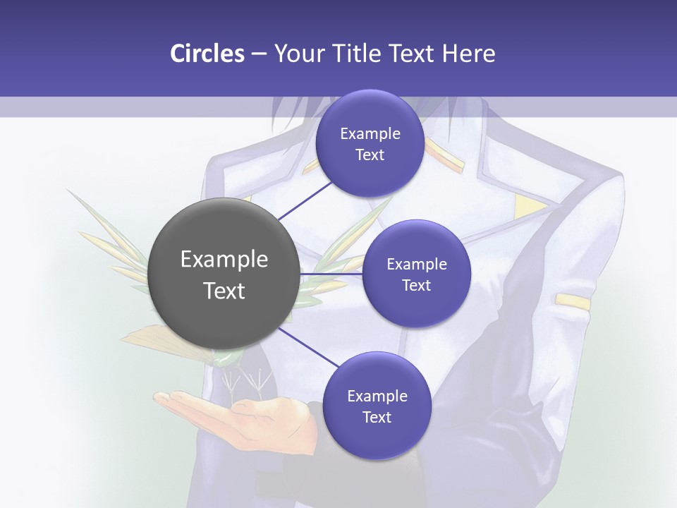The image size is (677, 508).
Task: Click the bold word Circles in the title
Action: (207, 53)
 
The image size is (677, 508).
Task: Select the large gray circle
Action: (224, 274)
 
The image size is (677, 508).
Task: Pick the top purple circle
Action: (370, 143)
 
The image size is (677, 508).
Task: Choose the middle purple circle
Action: (416, 274)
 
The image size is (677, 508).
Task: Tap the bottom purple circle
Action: (377, 406)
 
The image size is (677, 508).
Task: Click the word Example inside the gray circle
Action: (224, 260)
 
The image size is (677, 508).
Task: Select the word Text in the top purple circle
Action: (370, 155)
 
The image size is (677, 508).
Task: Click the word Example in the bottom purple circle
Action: (377, 396)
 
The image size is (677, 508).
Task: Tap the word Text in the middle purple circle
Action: (416, 285)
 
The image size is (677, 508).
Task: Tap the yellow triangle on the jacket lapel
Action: (530, 207)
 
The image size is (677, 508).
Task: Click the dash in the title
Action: (259, 54)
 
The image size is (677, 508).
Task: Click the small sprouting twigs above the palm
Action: (247, 381)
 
